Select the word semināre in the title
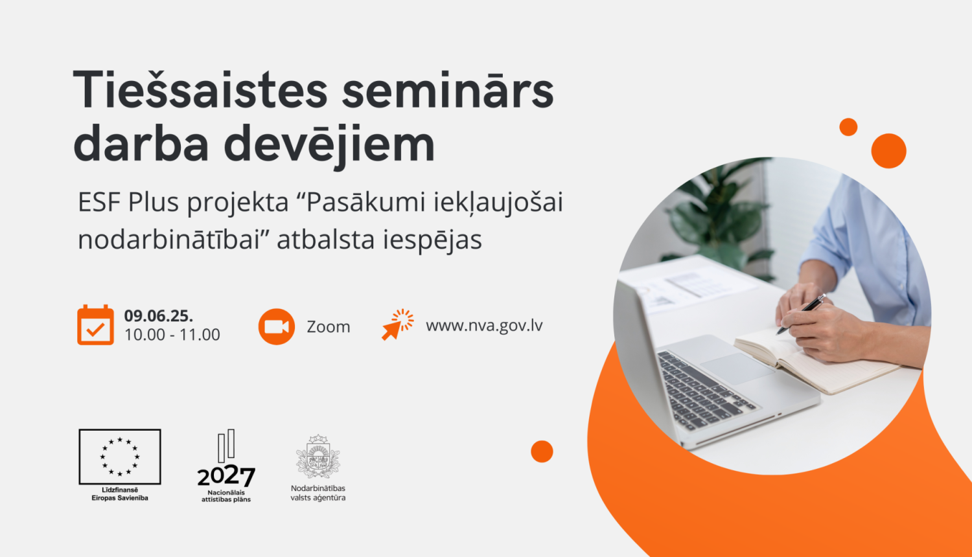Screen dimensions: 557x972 pos(448,91)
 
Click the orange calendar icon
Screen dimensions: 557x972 pos(95,325)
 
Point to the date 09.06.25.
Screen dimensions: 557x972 pos(159,316)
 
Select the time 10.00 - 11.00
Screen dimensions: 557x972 pos(172,335)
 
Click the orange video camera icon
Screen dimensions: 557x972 pos(277,326)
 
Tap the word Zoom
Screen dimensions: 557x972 pos(329,327)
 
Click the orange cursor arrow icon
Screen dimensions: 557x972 pos(397,324)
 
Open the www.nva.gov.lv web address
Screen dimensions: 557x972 pos(484,326)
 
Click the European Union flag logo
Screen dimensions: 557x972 pos(120,457)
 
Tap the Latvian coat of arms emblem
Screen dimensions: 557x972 pos(318,457)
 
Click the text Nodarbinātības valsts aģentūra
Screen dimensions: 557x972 pos(318,493)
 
